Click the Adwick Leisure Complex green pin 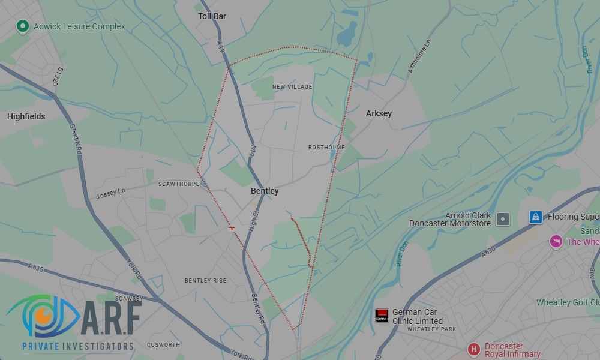click(23, 26)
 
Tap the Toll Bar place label click(212, 16)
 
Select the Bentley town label click(265, 191)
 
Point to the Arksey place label click(379, 113)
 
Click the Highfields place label click(26, 116)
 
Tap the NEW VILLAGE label click(292, 87)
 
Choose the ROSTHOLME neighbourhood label click(326, 147)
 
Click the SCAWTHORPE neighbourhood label click(178, 184)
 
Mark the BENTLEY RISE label click(205, 281)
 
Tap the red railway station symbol click(231, 227)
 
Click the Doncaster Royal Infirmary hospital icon click(473, 349)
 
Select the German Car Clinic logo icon click(382, 315)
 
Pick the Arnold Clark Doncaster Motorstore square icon click(503, 219)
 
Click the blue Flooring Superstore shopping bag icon click(535, 217)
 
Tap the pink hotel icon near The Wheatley click(556, 241)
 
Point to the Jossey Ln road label click(110, 193)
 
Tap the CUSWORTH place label click(163, 344)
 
